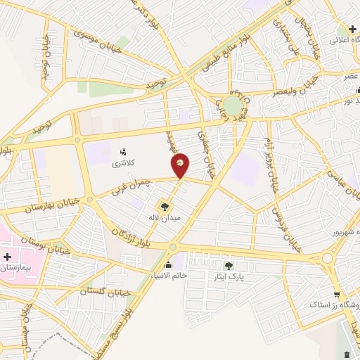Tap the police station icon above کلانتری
[124, 150]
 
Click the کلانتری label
[124, 163]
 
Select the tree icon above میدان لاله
[165, 207]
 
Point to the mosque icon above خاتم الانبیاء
[169, 265]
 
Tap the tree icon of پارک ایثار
[229, 265]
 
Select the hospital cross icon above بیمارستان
[9, 257]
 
